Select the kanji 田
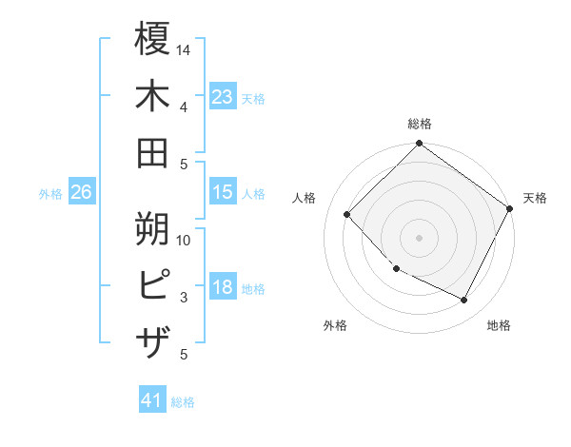pyautogui.click(x=152, y=152)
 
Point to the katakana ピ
pyautogui.click(x=152, y=285)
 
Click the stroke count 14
pyautogui.click(x=185, y=49)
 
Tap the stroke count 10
pyautogui.click(x=185, y=240)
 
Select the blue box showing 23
pyautogui.click(x=223, y=96)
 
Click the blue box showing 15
pyautogui.click(x=223, y=192)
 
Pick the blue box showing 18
pyautogui.click(x=223, y=288)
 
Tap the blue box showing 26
pyautogui.click(x=81, y=192)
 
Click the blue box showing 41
pyautogui.click(x=152, y=400)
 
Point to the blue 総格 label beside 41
pyautogui.click(x=183, y=402)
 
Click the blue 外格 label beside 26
pyautogui.click(x=50, y=194)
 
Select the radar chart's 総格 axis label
pyautogui.click(x=420, y=124)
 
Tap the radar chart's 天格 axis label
pyautogui.click(x=535, y=198)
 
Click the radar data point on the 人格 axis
pyautogui.click(x=347, y=215)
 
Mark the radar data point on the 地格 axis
pyautogui.click(x=464, y=301)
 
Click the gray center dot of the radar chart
pyautogui.click(x=420, y=238)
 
